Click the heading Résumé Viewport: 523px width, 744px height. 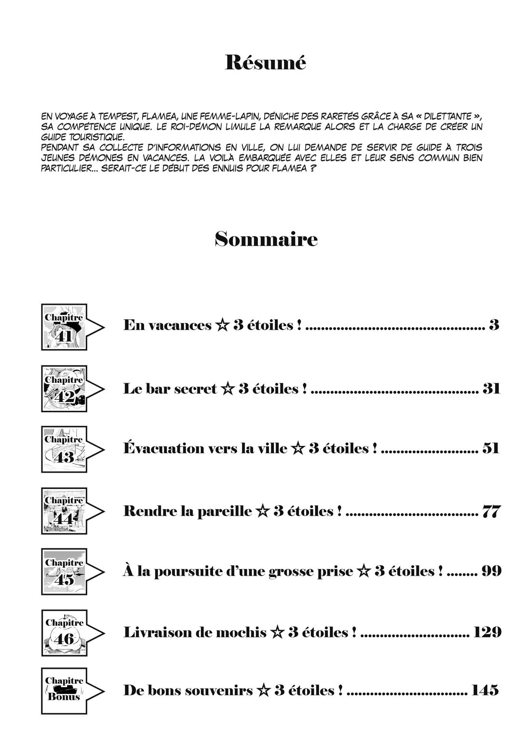(265, 63)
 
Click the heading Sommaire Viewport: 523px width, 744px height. (266, 239)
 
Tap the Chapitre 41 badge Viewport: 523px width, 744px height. (65, 327)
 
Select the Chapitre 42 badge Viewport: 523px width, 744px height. (65, 389)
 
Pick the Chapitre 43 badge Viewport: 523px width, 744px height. (65, 449)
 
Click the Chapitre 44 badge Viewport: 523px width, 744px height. (65, 511)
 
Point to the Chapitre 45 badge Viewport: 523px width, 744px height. (65, 571)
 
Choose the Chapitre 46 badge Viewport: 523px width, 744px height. (65, 632)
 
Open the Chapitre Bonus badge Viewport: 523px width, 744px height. (65, 690)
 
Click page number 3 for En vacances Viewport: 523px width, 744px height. (494, 325)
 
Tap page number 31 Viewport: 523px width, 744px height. (491, 389)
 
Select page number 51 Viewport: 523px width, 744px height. (490, 449)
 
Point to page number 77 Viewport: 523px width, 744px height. (491, 511)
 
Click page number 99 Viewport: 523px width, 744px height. (491, 571)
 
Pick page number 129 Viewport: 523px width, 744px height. (487, 632)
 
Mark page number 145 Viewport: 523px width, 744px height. (485, 690)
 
